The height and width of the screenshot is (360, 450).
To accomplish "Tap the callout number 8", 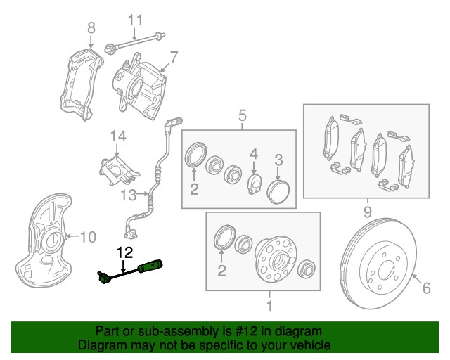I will tap(90, 27).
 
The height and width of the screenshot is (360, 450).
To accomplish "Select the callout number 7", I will tap(173, 56).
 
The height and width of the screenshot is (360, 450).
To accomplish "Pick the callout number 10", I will tap(86, 238).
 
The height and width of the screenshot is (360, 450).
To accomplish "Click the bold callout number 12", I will tap(124, 251).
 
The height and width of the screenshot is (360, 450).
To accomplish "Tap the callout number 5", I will tap(241, 115).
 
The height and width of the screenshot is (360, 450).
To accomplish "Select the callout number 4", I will tap(254, 153).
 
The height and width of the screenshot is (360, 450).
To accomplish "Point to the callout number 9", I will tap(366, 211).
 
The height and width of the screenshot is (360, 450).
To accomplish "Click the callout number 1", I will tap(268, 307).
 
